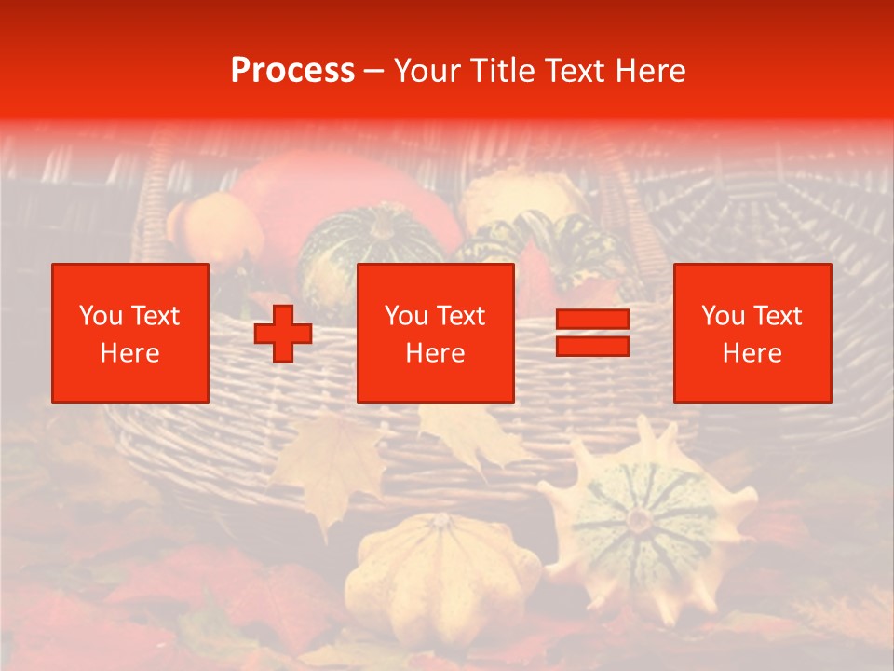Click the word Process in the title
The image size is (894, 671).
coord(292,71)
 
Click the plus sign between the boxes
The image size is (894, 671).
coord(283,334)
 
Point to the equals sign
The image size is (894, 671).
coord(592,333)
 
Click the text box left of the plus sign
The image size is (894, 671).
coord(130,333)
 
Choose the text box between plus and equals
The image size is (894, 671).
coord(436,333)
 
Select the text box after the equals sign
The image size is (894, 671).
coord(752,333)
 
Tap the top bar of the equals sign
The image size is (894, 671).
coord(592,320)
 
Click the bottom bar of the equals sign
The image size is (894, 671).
coord(592,346)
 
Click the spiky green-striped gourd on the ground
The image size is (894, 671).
coord(643,522)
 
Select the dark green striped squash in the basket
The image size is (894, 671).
coord(372,247)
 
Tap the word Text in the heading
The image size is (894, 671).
coord(576,71)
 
